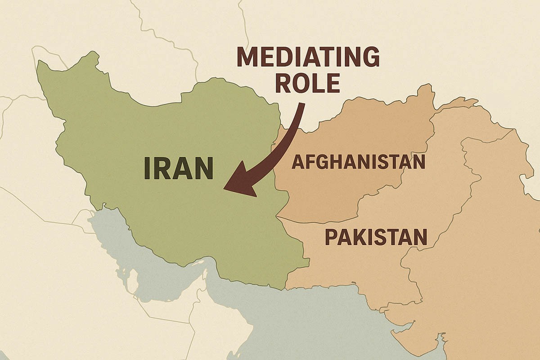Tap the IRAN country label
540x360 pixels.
(x=179, y=168)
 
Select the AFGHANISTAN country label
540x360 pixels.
(x=358, y=162)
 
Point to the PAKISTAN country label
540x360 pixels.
(x=376, y=237)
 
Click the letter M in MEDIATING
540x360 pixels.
(x=247, y=57)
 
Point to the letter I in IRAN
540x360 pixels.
(x=148, y=168)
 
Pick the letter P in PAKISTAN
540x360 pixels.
(x=331, y=237)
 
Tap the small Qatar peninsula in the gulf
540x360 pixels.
(x=132, y=280)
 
